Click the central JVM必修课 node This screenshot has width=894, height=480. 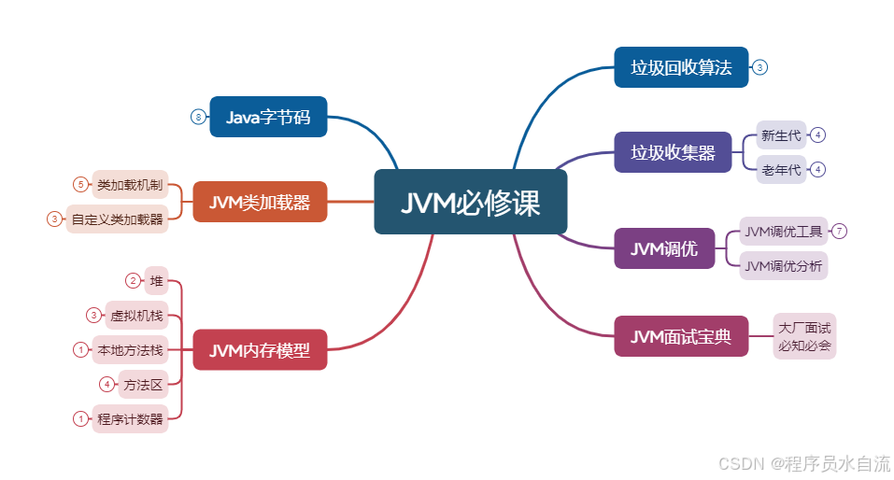tap(471, 202)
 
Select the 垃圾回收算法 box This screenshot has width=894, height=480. tap(681, 67)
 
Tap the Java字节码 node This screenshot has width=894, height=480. tap(268, 117)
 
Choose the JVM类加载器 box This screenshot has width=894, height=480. tap(260, 202)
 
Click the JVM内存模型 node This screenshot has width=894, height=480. tap(260, 350)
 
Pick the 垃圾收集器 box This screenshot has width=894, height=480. tap(673, 152)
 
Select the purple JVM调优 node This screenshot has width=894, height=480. tap(664, 248)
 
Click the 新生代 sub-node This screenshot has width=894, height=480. tap(781, 135)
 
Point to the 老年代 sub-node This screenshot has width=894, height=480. tap(781, 170)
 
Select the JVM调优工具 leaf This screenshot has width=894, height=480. tap(784, 231)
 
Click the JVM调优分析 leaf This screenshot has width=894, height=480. tap(784, 266)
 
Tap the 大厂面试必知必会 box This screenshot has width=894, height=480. tap(804, 336)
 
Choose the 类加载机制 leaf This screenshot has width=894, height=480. tap(130, 184)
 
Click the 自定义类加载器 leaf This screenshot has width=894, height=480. tap(117, 219)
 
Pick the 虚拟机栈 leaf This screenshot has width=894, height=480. tap(136, 316)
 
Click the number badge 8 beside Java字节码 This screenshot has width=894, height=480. tap(198, 117)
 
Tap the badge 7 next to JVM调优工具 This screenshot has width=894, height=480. tap(839, 231)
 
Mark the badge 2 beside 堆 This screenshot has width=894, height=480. tap(133, 280)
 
